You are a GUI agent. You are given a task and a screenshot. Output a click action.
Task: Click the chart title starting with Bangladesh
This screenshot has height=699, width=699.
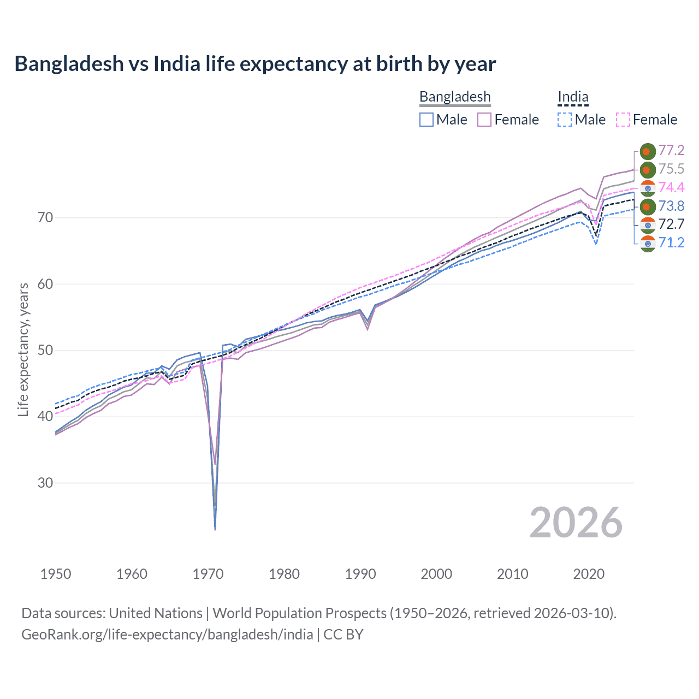[x=255, y=64]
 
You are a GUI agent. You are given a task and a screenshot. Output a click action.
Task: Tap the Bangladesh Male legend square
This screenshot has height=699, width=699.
[x=426, y=120]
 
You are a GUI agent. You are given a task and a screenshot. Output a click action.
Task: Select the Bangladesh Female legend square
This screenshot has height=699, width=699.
[x=484, y=120]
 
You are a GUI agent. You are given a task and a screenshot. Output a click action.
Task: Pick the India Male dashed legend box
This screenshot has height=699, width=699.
[x=565, y=120]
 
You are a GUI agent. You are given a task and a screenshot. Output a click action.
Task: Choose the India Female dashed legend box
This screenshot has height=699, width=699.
[x=623, y=120]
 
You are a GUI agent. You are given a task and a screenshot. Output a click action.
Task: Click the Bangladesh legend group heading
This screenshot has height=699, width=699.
[x=455, y=97]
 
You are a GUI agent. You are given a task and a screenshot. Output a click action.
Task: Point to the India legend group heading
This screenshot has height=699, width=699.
[x=573, y=97]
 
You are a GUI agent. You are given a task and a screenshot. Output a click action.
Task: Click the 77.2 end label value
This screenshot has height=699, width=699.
[x=671, y=150]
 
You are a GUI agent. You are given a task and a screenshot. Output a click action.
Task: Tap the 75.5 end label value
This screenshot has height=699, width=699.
[x=671, y=169]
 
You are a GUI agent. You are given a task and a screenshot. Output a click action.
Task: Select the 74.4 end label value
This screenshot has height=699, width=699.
[x=671, y=187]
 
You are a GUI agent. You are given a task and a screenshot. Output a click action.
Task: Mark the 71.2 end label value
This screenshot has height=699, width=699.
[x=671, y=242]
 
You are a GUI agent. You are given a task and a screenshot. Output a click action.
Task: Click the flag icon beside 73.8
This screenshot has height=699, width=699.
[x=648, y=206]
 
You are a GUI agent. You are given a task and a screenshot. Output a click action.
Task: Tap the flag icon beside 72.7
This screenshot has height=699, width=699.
[x=648, y=224]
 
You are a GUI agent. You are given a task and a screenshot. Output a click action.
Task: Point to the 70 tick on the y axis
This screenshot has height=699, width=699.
[x=45, y=218]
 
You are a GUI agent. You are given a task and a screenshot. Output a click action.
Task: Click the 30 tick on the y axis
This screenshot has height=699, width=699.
[x=45, y=483]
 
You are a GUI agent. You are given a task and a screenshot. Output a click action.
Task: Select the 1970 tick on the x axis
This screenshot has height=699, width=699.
[x=208, y=574]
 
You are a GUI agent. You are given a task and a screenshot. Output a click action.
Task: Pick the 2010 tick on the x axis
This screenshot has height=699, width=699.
[x=512, y=574]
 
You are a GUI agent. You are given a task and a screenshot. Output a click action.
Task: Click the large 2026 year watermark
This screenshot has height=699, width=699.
[x=576, y=523]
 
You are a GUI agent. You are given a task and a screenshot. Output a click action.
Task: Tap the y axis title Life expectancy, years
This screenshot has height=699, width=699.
[x=23, y=349]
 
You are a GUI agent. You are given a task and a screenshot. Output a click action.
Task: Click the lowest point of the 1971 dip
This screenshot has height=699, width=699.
[x=215, y=529]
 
